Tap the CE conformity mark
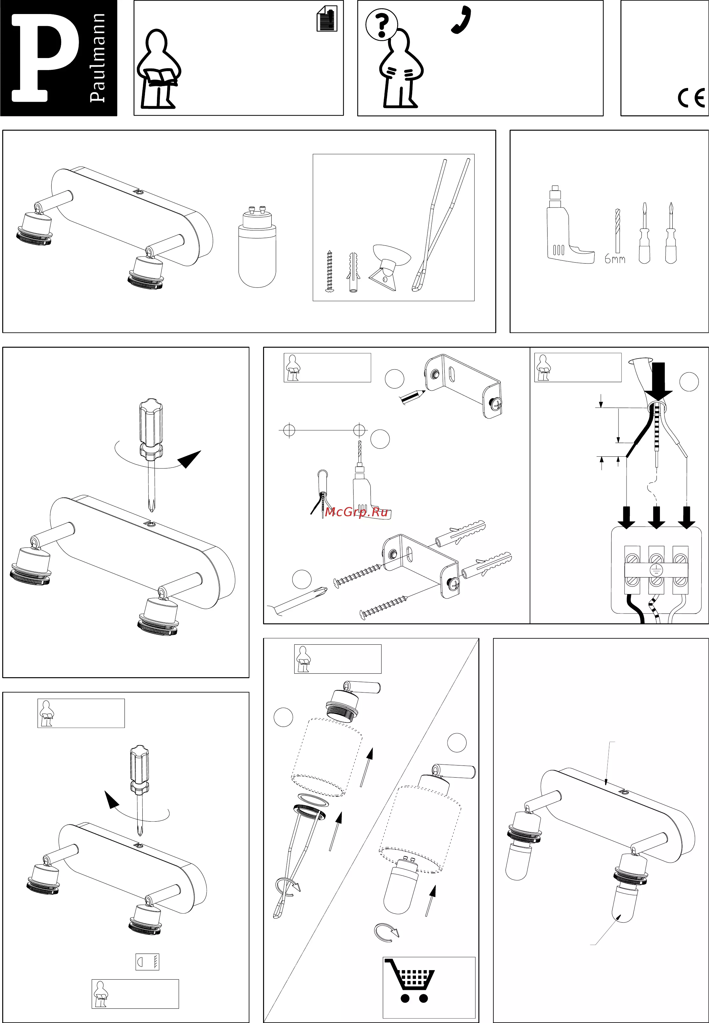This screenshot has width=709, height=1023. (x=691, y=98)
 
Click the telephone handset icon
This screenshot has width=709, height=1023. (x=461, y=20)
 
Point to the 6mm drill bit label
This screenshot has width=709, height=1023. (x=615, y=259)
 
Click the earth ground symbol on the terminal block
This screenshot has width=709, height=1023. (x=656, y=570)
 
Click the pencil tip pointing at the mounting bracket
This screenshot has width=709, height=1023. (x=423, y=392)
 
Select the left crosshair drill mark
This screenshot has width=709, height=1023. (x=289, y=430)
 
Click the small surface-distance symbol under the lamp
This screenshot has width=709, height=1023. (x=147, y=962)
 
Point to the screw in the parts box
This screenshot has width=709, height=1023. (x=329, y=271)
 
